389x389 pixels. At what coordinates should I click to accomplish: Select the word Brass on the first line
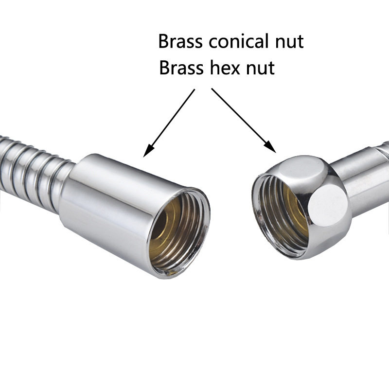(181, 42)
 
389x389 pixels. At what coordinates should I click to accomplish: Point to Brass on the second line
(181, 68)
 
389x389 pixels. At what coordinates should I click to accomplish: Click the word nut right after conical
(288, 42)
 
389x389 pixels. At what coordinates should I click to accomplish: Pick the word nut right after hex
(259, 68)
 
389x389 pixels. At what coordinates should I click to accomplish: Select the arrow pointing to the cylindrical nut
(170, 122)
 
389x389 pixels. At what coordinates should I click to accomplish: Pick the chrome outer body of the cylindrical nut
(107, 204)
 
